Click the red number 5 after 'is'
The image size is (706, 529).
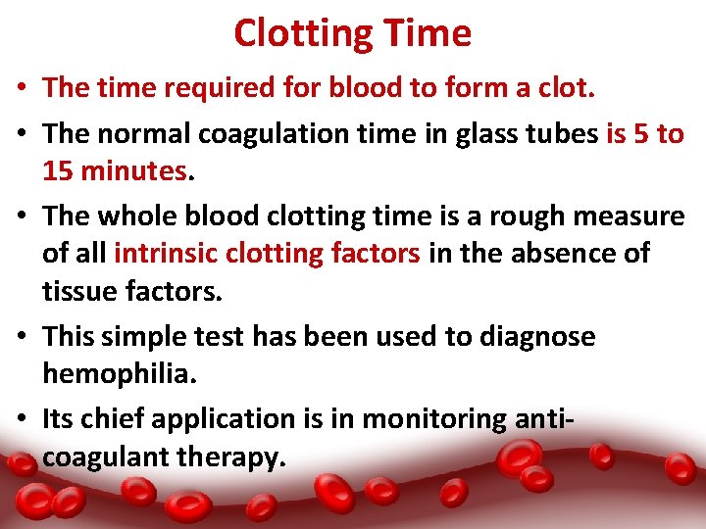click(x=641, y=135)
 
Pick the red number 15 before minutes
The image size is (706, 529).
click(x=59, y=172)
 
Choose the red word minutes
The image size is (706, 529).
click(x=134, y=172)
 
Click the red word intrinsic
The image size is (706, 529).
click(x=166, y=254)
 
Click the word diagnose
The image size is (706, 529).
click(x=537, y=337)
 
